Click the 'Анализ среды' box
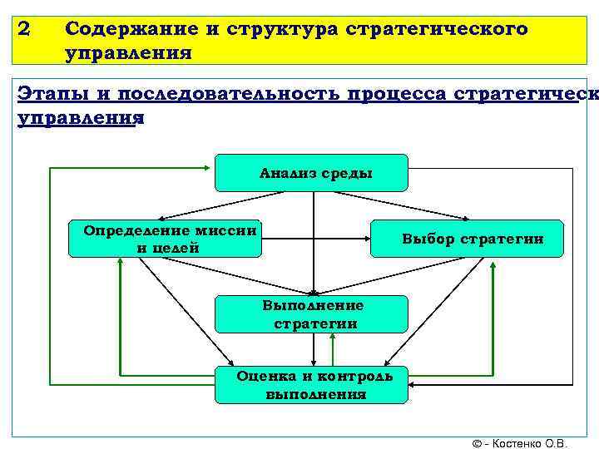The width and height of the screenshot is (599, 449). point(311,173)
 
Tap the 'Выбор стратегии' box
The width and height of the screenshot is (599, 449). point(466,239)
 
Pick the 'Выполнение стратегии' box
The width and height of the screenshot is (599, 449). point(312,314)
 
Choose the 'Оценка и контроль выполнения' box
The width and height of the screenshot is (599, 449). point(312,384)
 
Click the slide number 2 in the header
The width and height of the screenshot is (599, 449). point(23,29)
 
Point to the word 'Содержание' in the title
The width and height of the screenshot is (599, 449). point(124,29)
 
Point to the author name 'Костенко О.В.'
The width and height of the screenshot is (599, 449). point(532,442)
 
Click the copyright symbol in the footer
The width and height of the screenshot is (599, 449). point(477,442)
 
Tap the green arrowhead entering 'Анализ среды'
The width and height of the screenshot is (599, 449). point(210,168)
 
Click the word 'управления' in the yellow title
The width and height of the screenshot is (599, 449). point(129,54)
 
